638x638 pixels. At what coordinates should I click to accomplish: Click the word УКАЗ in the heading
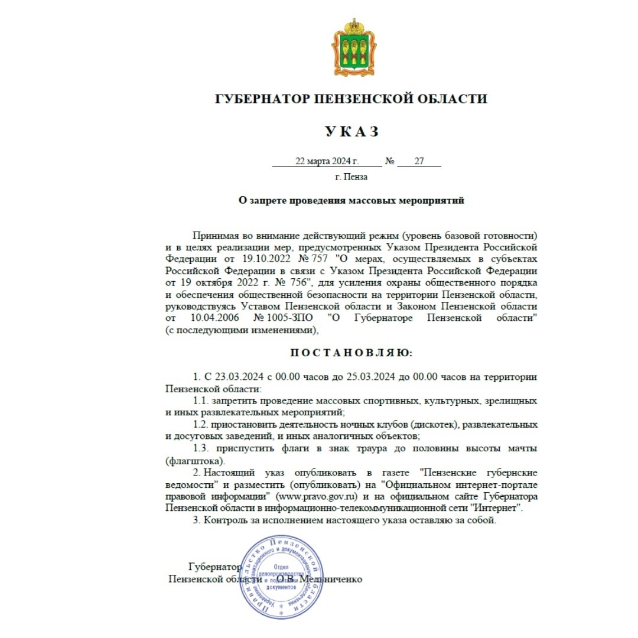[351, 132]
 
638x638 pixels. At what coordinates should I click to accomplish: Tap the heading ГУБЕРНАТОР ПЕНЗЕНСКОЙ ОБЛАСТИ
[351, 99]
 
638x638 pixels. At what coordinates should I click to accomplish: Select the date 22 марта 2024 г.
[327, 161]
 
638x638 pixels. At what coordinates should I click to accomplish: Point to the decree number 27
[419, 161]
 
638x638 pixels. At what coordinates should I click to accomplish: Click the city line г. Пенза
[351, 177]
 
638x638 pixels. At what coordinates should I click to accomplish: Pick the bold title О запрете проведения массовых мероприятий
[351, 200]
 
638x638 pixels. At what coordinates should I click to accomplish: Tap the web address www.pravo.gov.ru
[321, 497]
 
